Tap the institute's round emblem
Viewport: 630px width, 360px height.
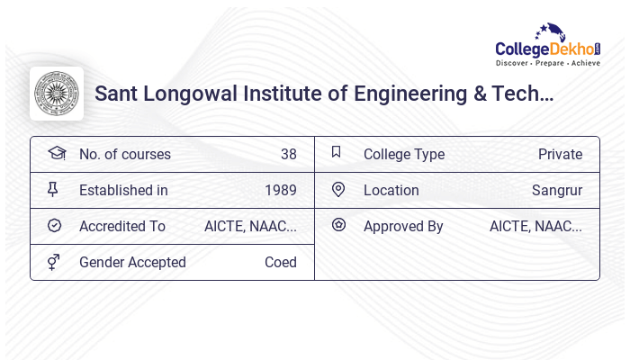point(57,94)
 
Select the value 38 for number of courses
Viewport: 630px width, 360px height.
point(288,154)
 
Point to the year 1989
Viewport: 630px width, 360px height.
point(280,190)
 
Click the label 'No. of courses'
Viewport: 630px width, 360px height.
point(124,154)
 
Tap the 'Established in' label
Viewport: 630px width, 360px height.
point(123,190)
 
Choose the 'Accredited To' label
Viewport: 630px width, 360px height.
point(122,226)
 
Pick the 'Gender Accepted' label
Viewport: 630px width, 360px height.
point(132,262)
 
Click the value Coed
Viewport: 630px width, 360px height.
point(280,262)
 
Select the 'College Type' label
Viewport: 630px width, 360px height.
point(404,154)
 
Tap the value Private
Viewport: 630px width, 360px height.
point(560,154)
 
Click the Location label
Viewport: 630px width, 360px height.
point(391,190)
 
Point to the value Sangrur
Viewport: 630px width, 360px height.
point(557,190)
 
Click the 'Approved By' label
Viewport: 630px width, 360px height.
point(403,226)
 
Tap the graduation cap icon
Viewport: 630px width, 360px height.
point(56,153)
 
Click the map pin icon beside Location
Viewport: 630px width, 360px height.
point(338,189)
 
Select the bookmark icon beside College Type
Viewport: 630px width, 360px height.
point(337,152)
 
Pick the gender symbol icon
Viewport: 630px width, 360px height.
point(54,261)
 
